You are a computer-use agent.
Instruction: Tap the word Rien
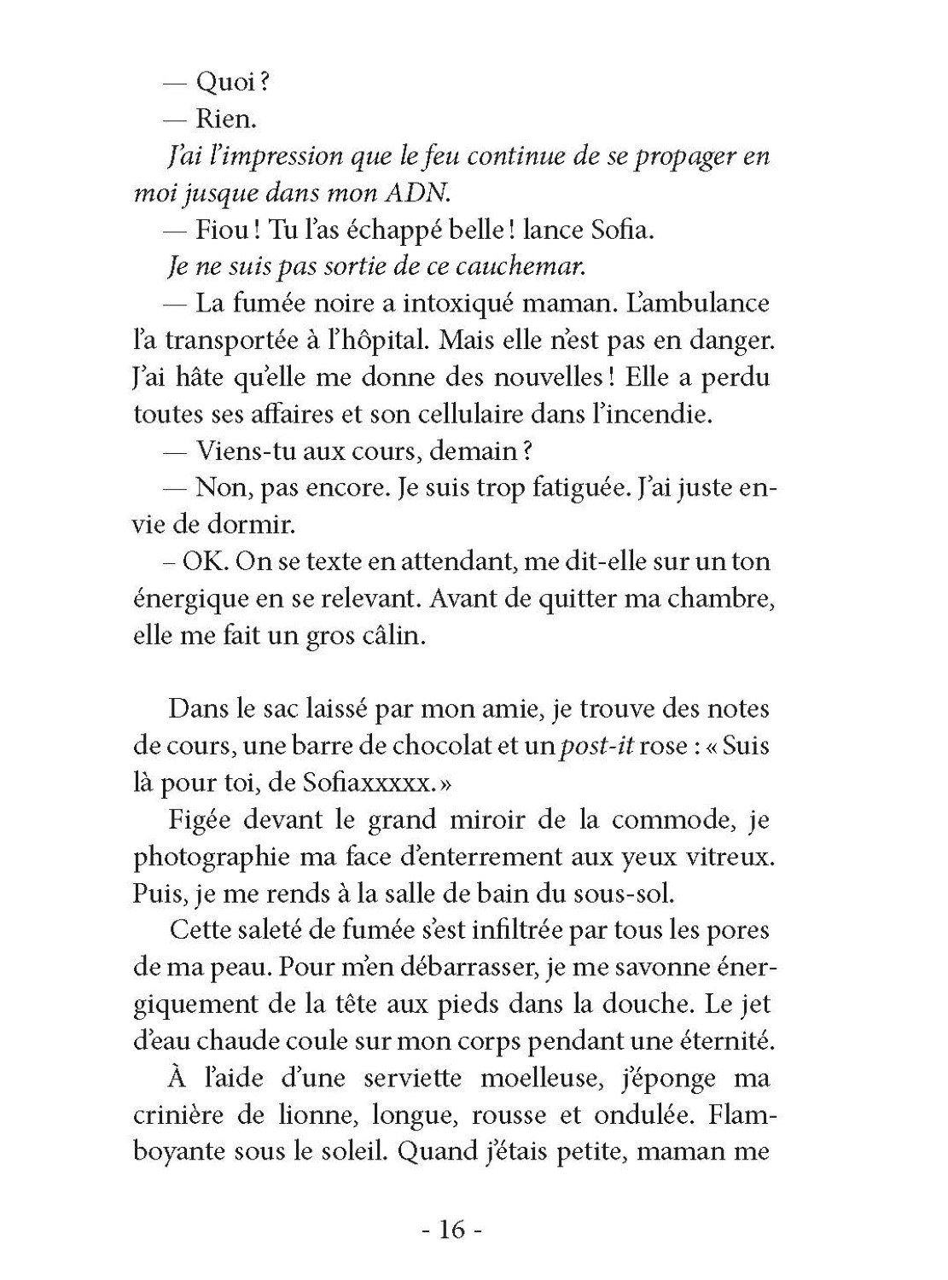pos(226,119)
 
